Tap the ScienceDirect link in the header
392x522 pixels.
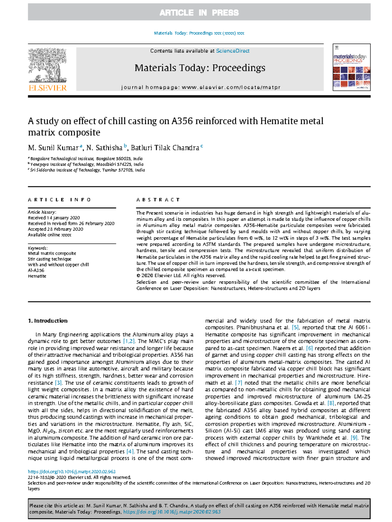pos(233,51)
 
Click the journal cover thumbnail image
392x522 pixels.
pos(351,67)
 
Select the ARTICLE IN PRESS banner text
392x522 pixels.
pos(199,13)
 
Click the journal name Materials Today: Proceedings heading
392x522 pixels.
pos(200,68)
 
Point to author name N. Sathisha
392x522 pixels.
pos(104,148)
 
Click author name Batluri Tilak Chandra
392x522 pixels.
pos(165,148)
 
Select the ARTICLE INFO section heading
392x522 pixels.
pos(59,200)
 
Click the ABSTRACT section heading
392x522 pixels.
pos(158,200)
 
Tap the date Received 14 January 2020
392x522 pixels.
pos(54,218)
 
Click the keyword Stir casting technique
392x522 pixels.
pos(50,259)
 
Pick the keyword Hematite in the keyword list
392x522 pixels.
pos(37,276)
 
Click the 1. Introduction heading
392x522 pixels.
pos(48,321)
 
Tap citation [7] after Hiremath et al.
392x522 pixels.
pos(238,383)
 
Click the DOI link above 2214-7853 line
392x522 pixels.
pos(72,471)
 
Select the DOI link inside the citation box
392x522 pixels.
pos(172,512)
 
